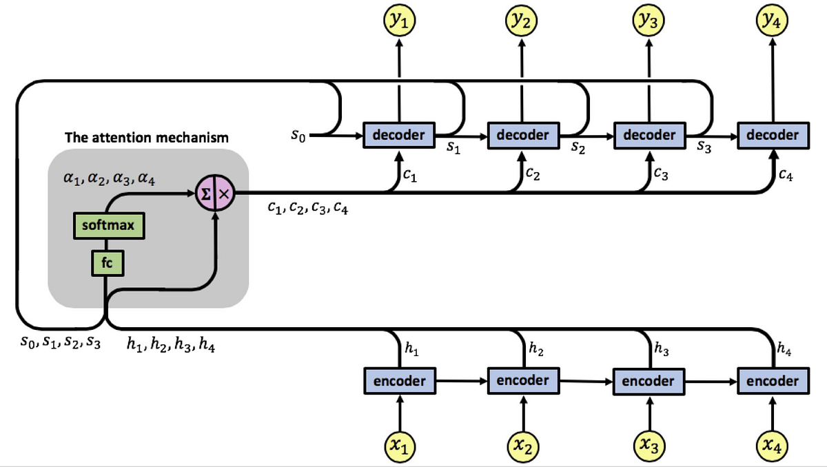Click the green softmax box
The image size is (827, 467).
(x=108, y=226)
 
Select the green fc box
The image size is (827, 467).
(x=108, y=263)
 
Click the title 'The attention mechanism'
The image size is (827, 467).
(x=146, y=138)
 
